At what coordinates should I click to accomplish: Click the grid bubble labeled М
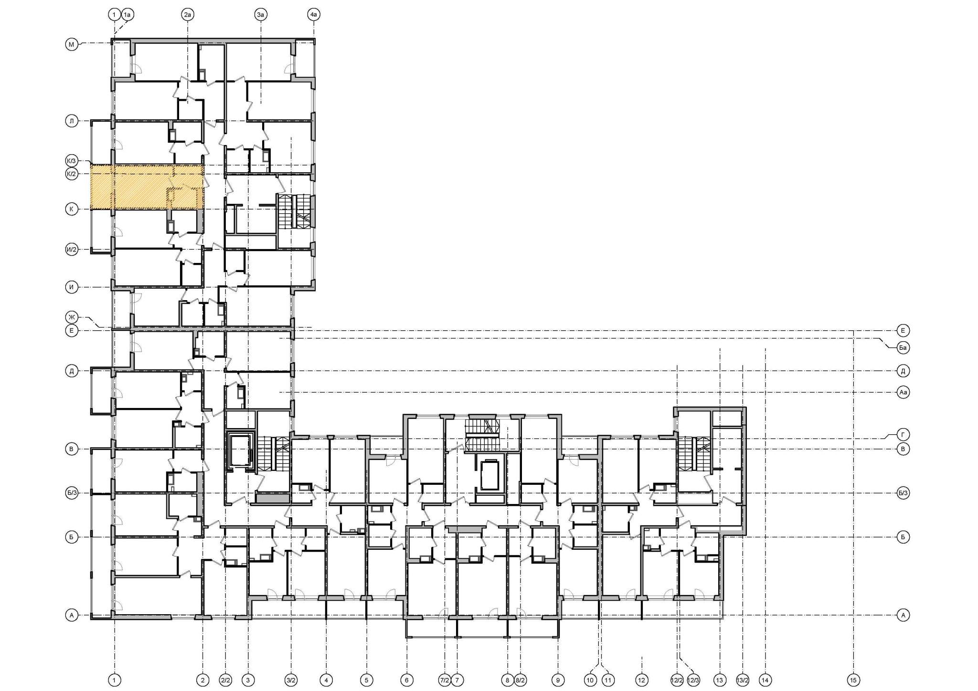tap(72, 45)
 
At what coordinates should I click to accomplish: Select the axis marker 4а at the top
tap(313, 15)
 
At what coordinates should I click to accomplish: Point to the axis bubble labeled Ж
tap(72, 317)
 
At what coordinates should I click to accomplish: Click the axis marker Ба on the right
tap(903, 348)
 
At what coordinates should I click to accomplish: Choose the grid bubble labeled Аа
tap(903, 392)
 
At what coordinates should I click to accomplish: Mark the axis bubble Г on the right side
tap(903, 434)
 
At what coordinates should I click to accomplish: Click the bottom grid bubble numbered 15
tap(853, 680)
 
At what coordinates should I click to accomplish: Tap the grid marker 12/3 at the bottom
tap(693, 680)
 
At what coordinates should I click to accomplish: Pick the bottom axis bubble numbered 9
tap(558, 680)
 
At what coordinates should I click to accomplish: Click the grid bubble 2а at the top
tap(188, 15)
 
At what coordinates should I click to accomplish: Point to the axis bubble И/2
tap(72, 249)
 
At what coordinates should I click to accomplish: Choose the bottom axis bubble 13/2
tap(743, 680)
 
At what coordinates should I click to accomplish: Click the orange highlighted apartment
tap(147, 187)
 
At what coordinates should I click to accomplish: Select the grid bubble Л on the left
tap(72, 121)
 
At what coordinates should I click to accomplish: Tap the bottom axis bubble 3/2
tap(291, 680)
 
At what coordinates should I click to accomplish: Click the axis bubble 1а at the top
tap(127, 15)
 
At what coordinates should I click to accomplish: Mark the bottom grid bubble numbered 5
tap(367, 680)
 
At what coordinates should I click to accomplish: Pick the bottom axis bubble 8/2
tap(520, 680)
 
